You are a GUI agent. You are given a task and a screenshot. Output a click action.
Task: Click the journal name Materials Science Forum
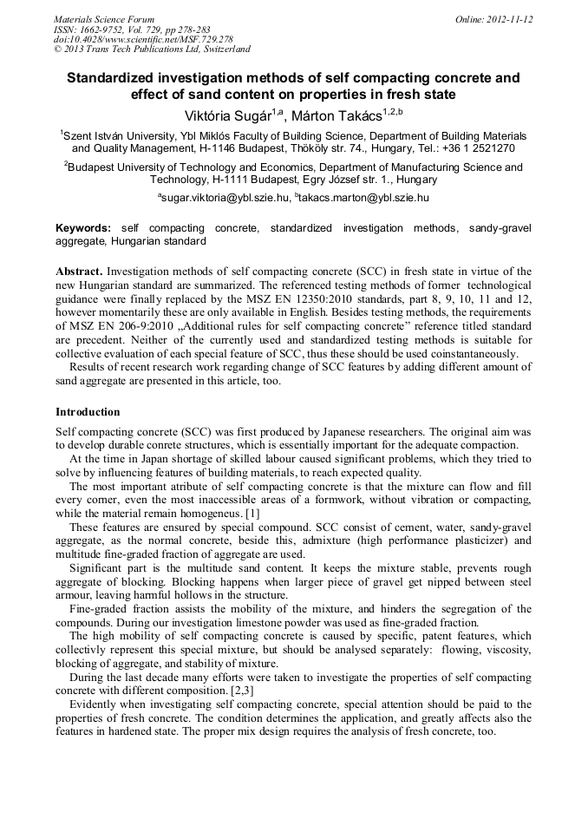(x=104, y=19)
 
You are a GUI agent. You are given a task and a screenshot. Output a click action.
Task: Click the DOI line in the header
(x=143, y=39)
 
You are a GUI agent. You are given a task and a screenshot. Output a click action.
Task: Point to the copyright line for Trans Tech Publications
(x=152, y=49)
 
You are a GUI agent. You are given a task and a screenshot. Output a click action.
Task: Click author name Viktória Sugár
(x=229, y=115)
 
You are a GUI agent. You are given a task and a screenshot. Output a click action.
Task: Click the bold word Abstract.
(x=78, y=272)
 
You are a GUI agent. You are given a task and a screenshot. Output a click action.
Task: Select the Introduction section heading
(x=88, y=411)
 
